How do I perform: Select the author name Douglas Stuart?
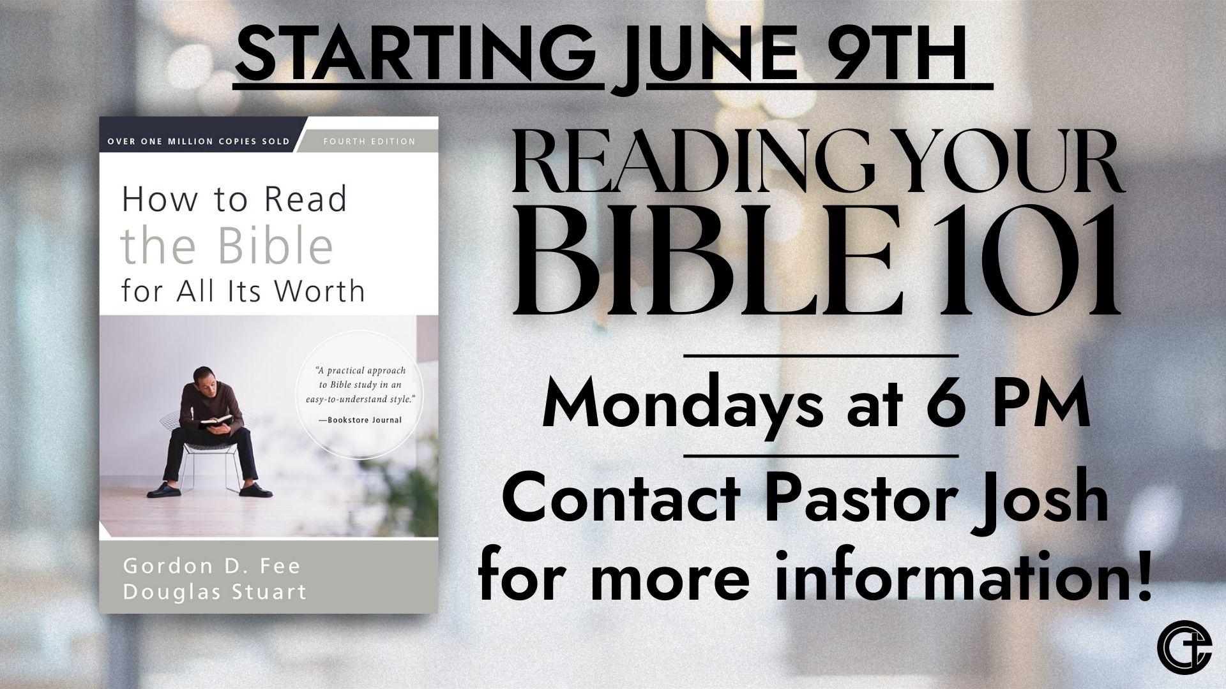[214, 592]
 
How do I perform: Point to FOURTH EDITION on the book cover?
[369, 141]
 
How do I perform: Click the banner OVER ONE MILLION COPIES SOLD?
[199, 141]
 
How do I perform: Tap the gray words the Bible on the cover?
[227, 246]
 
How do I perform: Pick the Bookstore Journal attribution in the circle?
[360, 419]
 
